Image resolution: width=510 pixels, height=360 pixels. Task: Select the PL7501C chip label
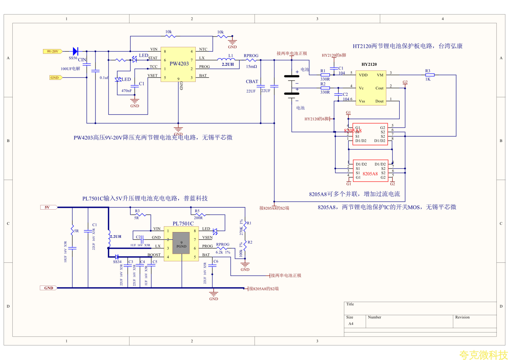(183, 223)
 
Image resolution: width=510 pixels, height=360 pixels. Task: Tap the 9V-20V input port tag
(52, 51)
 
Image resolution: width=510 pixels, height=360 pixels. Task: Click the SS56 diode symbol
(75, 51)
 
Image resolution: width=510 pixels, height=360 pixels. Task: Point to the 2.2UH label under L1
(228, 64)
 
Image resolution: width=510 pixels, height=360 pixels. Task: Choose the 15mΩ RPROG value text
(251, 67)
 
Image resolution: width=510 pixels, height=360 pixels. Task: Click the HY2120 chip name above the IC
(369, 64)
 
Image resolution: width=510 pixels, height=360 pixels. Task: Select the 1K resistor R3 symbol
(430, 75)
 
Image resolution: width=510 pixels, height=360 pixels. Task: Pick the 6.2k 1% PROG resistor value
(223, 252)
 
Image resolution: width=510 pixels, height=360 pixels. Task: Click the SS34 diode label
(117, 262)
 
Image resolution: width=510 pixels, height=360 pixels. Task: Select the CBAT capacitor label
(252, 82)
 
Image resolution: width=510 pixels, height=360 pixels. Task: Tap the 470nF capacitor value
(127, 91)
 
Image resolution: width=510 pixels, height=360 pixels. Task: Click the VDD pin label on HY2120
(363, 75)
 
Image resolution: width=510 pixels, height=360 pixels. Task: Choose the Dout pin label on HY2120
(379, 101)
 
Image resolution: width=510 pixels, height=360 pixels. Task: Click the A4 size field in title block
(351, 324)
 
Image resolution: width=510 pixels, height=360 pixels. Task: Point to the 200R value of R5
(198, 218)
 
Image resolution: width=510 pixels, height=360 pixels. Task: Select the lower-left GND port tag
(48, 288)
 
